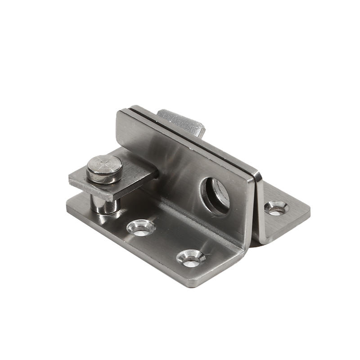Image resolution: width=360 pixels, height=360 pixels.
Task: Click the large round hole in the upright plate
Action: (216, 195)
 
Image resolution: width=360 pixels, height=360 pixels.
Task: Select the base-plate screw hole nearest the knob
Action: (141, 227)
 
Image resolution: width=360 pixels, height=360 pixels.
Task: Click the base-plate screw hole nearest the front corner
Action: (191, 258)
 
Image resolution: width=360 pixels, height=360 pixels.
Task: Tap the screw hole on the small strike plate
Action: (276, 207)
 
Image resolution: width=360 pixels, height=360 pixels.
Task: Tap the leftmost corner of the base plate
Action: (67, 206)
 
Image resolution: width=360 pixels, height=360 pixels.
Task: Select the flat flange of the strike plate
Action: (288, 216)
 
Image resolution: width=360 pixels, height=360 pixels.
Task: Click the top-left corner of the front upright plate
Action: (117, 112)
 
